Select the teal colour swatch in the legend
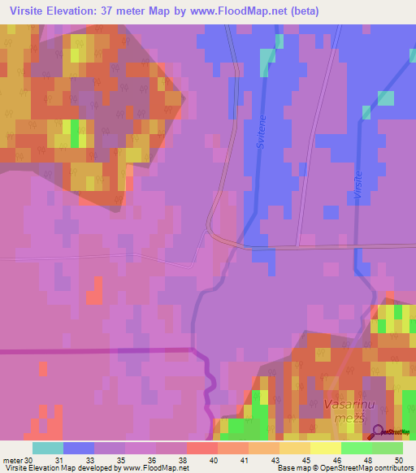coord(48,448)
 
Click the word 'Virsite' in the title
coord(28,11)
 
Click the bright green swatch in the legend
coord(357,448)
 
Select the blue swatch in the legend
coord(79,448)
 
